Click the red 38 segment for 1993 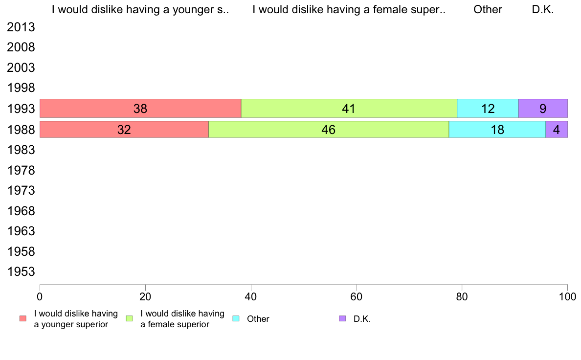point(140,108)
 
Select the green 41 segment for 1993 point(349,108)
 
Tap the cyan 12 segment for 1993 point(488,108)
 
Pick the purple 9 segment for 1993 point(543,108)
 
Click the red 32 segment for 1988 point(124,130)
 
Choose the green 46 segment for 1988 point(329,130)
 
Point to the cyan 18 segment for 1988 point(497,130)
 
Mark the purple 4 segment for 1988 point(557,130)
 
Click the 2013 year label point(21,27)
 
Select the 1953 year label point(21,272)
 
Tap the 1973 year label point(21,191)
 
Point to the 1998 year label point(21,88)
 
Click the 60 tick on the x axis point(357,296)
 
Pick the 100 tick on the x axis point(567,296)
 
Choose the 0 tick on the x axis point(40,296)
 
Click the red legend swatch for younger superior point(23,318)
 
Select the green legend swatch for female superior point(129,318)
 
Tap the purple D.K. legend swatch point(342,318)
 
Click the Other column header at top point(488,9)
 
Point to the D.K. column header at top point(543,9)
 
